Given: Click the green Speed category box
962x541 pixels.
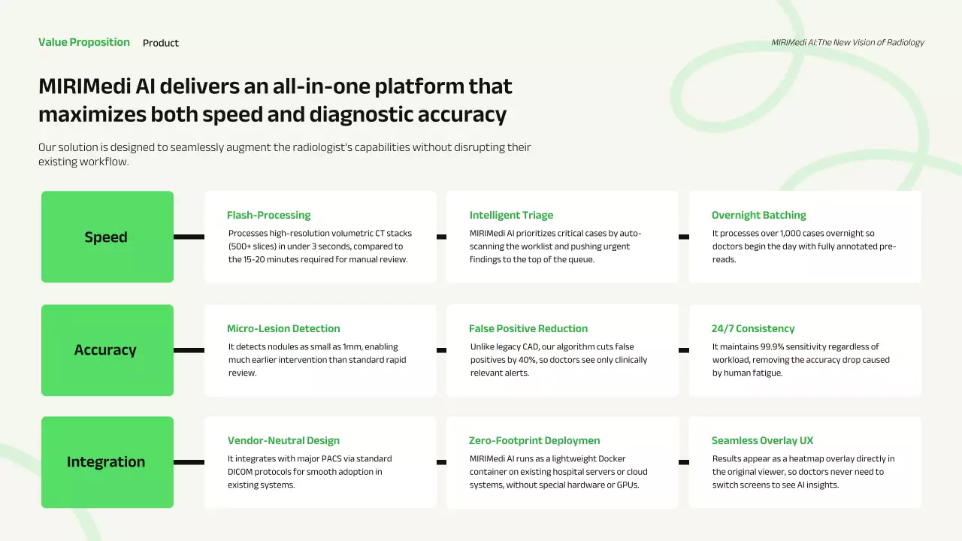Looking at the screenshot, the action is (x=107, y=237).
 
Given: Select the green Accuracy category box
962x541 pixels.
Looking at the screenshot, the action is (x=107, y=350).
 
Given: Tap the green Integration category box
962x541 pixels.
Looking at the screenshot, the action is (x=107, y=462).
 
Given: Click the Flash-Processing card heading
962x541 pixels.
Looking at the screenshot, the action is (x=269, y=215).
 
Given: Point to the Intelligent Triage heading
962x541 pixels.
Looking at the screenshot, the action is (x=511, y=215).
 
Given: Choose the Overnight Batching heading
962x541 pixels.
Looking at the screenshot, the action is (x=759, y=215).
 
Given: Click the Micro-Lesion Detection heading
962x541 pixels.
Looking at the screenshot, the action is (x=283, y=328).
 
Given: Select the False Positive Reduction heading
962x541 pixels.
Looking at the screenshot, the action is (x=528, y=328).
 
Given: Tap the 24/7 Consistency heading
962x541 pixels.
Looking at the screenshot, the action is (x=753, y=328).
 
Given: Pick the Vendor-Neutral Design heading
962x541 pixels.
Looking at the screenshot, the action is (x=283, y=440).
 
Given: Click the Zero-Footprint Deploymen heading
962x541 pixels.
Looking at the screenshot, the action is (x=534, y=440).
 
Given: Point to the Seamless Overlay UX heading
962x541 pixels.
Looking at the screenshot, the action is (x=762, y=440).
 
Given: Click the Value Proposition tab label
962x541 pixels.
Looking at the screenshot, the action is (x=83, y=42).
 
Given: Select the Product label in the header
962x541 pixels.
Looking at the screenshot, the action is (x=161, y=43).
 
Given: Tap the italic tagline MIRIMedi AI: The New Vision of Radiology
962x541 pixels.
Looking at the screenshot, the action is (x=848, y=43).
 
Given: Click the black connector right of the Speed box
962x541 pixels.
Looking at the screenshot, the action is (x=189, y=237).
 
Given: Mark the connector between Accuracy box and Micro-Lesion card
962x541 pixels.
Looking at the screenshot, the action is (x=189, y=350).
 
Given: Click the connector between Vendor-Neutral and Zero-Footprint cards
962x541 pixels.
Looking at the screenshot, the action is (x=441, y=462).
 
